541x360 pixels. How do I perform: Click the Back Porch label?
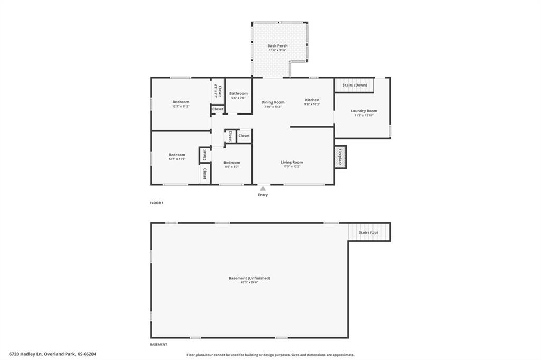(x=277, y=46)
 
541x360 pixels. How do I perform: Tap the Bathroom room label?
(x=238, y=93)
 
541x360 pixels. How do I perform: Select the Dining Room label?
(x=273, y=102)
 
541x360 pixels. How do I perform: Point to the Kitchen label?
(x=312, y=100)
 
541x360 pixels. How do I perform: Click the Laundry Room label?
(x=363, y=111)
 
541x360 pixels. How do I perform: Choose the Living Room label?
(x=291, y=162)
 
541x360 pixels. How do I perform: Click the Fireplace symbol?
(x=340, y=157)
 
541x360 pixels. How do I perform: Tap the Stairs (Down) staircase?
(x=354, y=84)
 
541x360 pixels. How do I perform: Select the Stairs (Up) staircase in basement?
(x=369, y=232)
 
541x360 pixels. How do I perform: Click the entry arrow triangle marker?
(x=263, y=187)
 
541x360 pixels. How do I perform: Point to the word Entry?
(x=263, y=195)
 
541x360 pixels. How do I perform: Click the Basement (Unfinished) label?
(x=249, y=278)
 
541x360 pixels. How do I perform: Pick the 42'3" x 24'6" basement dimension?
(x=249, y=282)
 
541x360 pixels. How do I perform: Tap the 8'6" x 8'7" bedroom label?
(x=231, y=167)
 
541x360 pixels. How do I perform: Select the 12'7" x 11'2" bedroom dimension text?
(x=180, y=106)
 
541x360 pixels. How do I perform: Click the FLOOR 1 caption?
(x=156, y=203)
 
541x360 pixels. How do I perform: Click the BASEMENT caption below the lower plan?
(x=158, y=344)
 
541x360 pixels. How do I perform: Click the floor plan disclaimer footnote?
(x=270, y=355)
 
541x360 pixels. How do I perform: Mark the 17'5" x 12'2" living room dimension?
(x=291, y=167)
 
